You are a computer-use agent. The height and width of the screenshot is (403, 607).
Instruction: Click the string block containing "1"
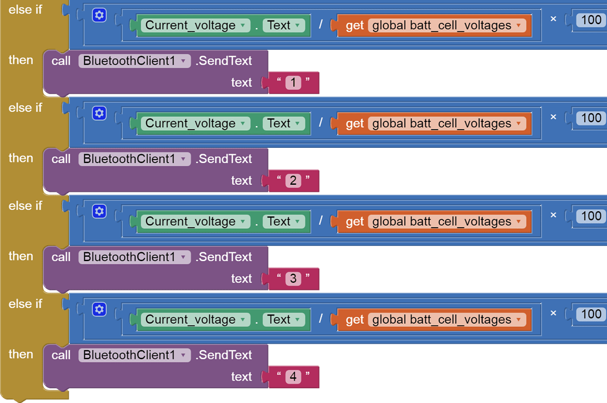(293, 83)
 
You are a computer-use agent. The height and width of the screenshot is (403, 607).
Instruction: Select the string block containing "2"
(293, 181)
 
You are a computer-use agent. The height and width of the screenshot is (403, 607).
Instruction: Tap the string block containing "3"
(293, 279)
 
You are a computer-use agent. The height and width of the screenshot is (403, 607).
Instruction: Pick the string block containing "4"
(293, 377)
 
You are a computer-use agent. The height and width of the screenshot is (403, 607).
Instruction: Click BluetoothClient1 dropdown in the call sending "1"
(134, 61)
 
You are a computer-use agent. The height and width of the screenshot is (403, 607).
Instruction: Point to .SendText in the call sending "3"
(223, 257)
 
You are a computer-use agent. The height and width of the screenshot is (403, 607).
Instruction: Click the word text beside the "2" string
(241, 181)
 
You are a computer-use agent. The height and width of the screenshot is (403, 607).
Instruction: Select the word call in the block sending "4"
(61, 355)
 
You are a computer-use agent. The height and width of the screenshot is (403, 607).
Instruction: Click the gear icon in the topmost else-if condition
(99, 15)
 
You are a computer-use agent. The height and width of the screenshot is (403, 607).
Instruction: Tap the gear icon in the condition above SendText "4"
(99, 309)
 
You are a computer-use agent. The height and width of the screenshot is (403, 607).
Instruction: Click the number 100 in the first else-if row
(591, 20)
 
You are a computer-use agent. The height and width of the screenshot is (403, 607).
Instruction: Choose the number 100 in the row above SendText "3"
(591, 216)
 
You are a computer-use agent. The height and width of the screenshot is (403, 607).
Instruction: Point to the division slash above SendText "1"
(320, 25)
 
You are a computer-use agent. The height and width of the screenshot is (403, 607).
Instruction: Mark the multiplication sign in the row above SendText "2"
(552, 117)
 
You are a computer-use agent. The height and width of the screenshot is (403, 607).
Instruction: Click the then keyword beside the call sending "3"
(21, 256)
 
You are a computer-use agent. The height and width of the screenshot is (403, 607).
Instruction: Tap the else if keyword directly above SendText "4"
(25, 304)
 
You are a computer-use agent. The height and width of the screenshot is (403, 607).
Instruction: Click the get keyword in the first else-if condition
(355, 26)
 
